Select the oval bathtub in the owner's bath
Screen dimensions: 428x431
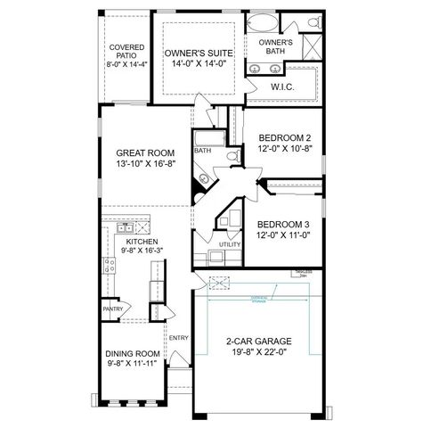(x=265, y=22)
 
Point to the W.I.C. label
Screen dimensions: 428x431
(x=283, y=86)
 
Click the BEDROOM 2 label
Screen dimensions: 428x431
(x=284, y=137)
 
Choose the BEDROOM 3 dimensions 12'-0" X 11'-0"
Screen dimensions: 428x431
(x=284, y=236)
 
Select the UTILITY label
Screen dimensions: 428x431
(x=229, y=243)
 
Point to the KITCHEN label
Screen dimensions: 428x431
(x=142, y=242)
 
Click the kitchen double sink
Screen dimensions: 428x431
(x=125, y=229)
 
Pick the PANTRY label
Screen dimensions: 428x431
(x=112, y=309)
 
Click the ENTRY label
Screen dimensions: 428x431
(x=178, y=338)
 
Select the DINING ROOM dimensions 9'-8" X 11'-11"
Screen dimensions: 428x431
(x=131, y=364)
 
